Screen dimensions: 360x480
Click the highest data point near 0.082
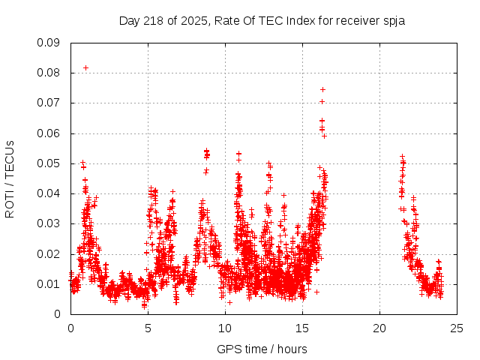[85, 67]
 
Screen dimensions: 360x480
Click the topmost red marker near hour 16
[322, 90]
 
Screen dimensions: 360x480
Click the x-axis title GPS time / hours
[263, 349]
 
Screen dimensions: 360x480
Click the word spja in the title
[394, 20]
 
